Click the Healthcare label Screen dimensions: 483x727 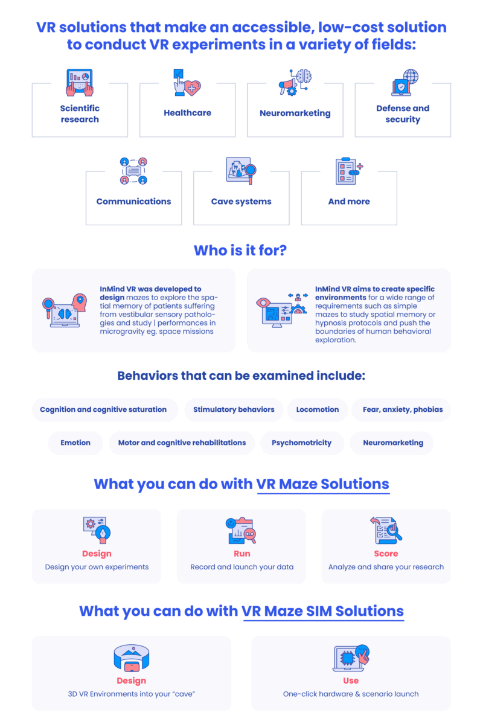pyautogui.click(x=187, y=113)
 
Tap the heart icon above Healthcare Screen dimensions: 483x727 pyautogui.click(x=193, y=88)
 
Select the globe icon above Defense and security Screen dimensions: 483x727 pyautogui.click(x=411, y=77)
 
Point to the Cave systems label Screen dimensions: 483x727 pyautogui.click(x=241, y=201)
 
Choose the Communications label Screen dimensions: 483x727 pyautogui.click(x=133, y=201)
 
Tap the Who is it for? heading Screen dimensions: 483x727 pyautogui.click(x=240, y=250)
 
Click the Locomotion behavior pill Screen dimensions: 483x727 pyautogui.click(x=318, y=409)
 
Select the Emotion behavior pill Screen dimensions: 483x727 pyautogui.click(x=75, y=443)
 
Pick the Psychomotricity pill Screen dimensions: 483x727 pyautogui.click(x=302, y=443)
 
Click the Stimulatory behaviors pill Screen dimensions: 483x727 pyautogui.click(x=234, y=409)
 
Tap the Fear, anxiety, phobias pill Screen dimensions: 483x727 pyautogui.click(x=403, y=409)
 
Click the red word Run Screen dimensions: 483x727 pyautogui.click(x=242, y=553)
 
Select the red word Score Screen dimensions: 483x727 pyautogui.click(x=386, y=553)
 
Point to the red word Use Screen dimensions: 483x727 pyautogui.click(x=351, y=681)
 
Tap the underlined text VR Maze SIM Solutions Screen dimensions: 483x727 pyautogui.click(x=322, y=611)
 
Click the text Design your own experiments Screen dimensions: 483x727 pyautogui.click(x=97, y=567)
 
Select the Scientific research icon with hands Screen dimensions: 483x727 pyautogui.click(x=80, y=83)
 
